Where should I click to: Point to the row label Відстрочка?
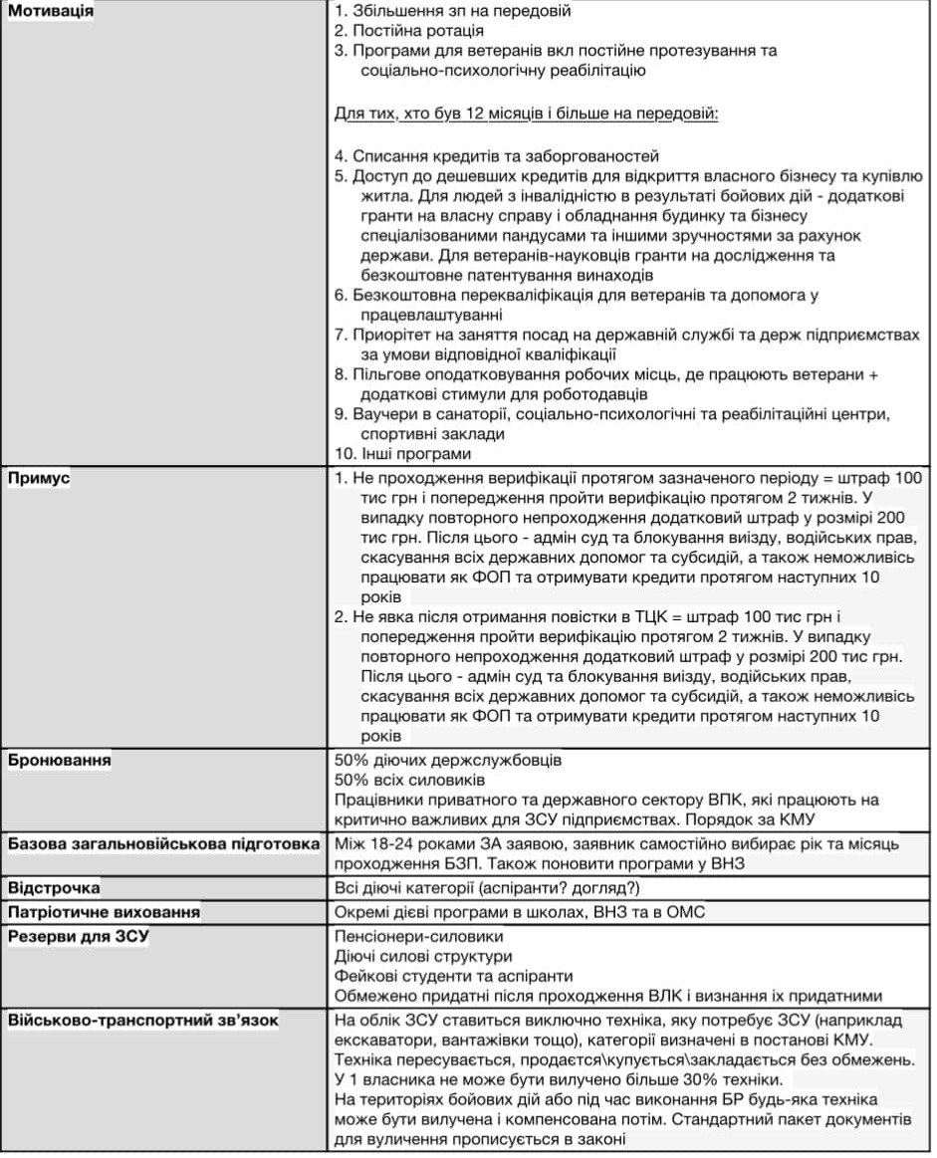point(55,887)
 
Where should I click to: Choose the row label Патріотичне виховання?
point(104,912)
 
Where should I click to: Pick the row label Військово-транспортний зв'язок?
point(143,1020)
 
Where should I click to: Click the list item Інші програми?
point(411,454)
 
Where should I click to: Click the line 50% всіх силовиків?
point(410,780)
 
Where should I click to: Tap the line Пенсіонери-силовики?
point(419,937)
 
